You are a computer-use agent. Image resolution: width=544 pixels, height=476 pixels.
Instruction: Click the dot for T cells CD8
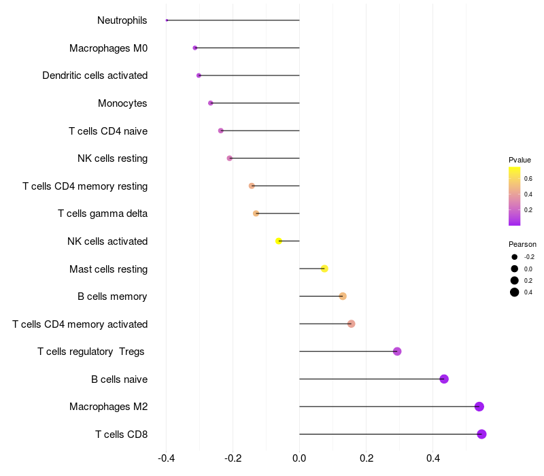[x=481, y=434]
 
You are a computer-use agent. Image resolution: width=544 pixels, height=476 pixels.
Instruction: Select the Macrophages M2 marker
[x=479, y=407]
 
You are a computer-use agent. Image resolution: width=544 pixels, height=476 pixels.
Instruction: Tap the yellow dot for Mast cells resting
[x=324, y=269]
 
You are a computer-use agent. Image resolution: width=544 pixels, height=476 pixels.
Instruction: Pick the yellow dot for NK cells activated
[x=279, y=241]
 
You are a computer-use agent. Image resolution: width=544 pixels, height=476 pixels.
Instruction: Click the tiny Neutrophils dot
[x=167, y=20]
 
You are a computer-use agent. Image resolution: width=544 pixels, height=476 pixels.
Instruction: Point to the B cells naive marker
[x=444, y=379]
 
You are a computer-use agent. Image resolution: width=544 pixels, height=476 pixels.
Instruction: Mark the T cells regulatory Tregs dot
[x=397, y=352]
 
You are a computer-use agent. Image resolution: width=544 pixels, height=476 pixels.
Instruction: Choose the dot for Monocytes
[x=211, y=103]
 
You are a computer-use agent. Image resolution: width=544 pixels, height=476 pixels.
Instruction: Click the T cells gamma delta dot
[x=256, y=214]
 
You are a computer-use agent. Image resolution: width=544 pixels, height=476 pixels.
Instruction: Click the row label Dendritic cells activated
[x=95, y=75]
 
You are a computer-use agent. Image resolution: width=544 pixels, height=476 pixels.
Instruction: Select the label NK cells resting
[x=112, y=158]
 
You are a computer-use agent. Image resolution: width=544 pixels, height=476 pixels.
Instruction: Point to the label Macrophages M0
[x=108, y=48]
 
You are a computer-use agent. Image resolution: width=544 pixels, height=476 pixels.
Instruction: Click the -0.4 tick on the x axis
[x=166, y=458]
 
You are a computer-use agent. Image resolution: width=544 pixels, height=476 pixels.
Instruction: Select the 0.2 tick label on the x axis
[x=366, y=458]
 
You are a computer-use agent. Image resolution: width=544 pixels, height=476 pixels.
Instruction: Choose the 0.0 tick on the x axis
[x=299, y=458]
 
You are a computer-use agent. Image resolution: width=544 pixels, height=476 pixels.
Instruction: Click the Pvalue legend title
[x=520, y=160]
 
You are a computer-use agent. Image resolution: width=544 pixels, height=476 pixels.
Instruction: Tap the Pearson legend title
[x=522, y=244]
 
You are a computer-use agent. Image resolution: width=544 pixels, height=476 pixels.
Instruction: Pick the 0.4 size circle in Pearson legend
[x=515, y=292]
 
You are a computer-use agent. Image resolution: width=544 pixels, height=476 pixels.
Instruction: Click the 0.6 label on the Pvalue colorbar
[x=528, y=178]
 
